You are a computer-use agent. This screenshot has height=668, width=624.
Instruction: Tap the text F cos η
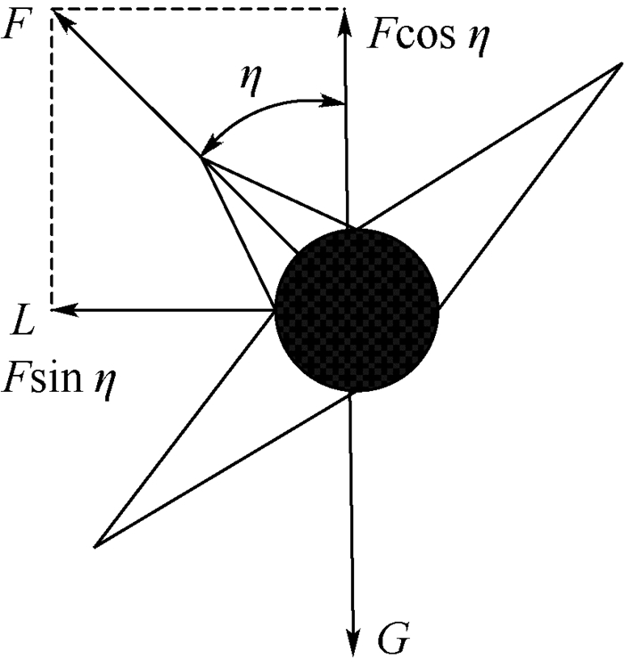(429, 38)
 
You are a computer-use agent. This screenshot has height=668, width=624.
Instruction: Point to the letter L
(23, 320)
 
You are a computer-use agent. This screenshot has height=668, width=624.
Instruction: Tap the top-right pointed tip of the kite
(620, 64)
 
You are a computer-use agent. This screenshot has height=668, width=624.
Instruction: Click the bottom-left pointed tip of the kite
(95, 544)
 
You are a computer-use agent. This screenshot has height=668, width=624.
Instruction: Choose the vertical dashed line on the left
(53, 160)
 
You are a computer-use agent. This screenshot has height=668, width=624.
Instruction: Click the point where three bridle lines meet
(201, 159)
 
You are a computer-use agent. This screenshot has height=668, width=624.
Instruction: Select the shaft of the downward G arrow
(354, 517)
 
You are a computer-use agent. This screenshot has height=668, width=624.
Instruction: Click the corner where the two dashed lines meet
(53, 10)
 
